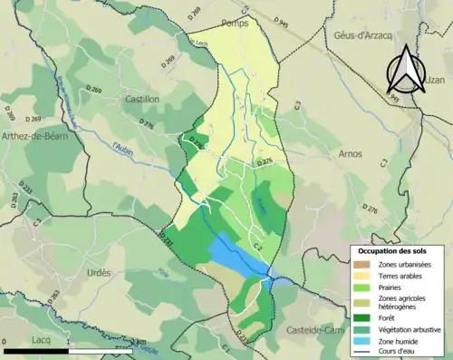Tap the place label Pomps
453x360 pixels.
tap(234, 24)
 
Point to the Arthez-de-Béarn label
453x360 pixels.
tap(35, 136)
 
